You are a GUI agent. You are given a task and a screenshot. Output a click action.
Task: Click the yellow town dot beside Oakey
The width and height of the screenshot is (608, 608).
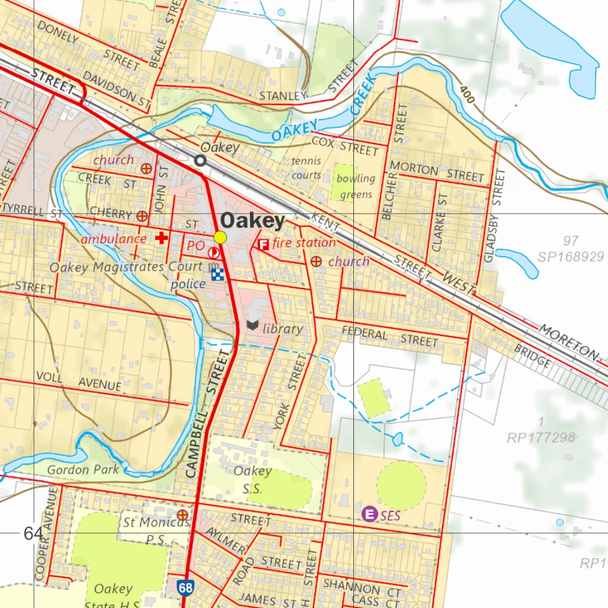[220, 237]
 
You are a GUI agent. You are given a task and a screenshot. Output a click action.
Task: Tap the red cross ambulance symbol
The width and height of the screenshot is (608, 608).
[160, 238]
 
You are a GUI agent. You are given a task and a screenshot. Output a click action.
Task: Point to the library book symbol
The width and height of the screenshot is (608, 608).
[252, 325]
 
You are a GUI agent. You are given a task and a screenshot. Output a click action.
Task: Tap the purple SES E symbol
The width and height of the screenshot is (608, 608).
[370, 514]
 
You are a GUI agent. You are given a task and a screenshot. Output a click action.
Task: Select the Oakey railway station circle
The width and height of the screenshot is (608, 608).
[201, 160]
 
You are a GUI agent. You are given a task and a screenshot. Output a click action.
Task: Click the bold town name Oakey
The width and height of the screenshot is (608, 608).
[252, 221]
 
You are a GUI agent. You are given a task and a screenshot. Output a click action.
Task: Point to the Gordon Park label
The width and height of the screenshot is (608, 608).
[83, 470]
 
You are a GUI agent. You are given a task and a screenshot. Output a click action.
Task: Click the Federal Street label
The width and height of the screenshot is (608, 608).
[389, 337]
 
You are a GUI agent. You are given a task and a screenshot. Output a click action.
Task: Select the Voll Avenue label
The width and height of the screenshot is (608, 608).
[78, 381]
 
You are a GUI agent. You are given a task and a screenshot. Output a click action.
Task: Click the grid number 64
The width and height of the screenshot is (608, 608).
[33, 533]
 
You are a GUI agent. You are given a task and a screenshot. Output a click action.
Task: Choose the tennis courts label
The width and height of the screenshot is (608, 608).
[306, 168]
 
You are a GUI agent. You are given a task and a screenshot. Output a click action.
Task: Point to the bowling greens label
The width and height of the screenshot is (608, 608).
[356, 186]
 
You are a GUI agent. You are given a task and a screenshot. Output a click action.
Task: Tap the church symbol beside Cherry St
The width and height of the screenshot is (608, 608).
[142, 216]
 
